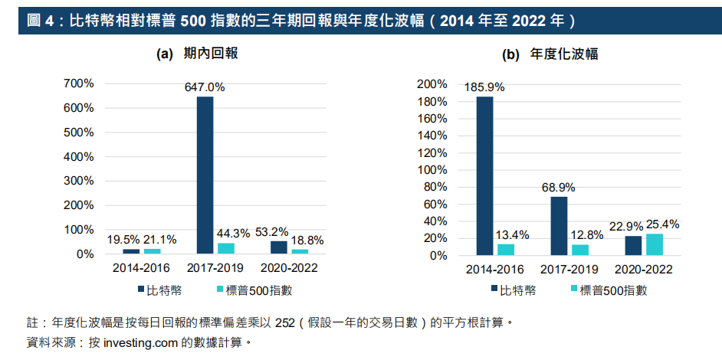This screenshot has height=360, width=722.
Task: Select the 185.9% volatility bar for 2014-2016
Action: [484, 175]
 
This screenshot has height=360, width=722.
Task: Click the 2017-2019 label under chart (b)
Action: [569, 270]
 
